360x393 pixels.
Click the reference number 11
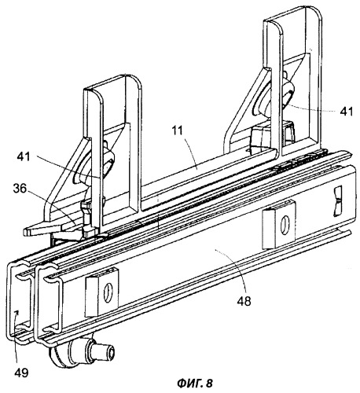click(178, 130)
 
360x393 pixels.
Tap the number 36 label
click(20, 189)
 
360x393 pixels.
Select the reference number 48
click(244, 301)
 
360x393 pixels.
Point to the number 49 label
click(21, 373)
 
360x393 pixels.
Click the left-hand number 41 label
click(24, 157)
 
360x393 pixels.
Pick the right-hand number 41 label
click(347, 112)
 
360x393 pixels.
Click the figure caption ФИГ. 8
click(195, 384)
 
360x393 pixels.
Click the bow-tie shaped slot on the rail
click(338, 201)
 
